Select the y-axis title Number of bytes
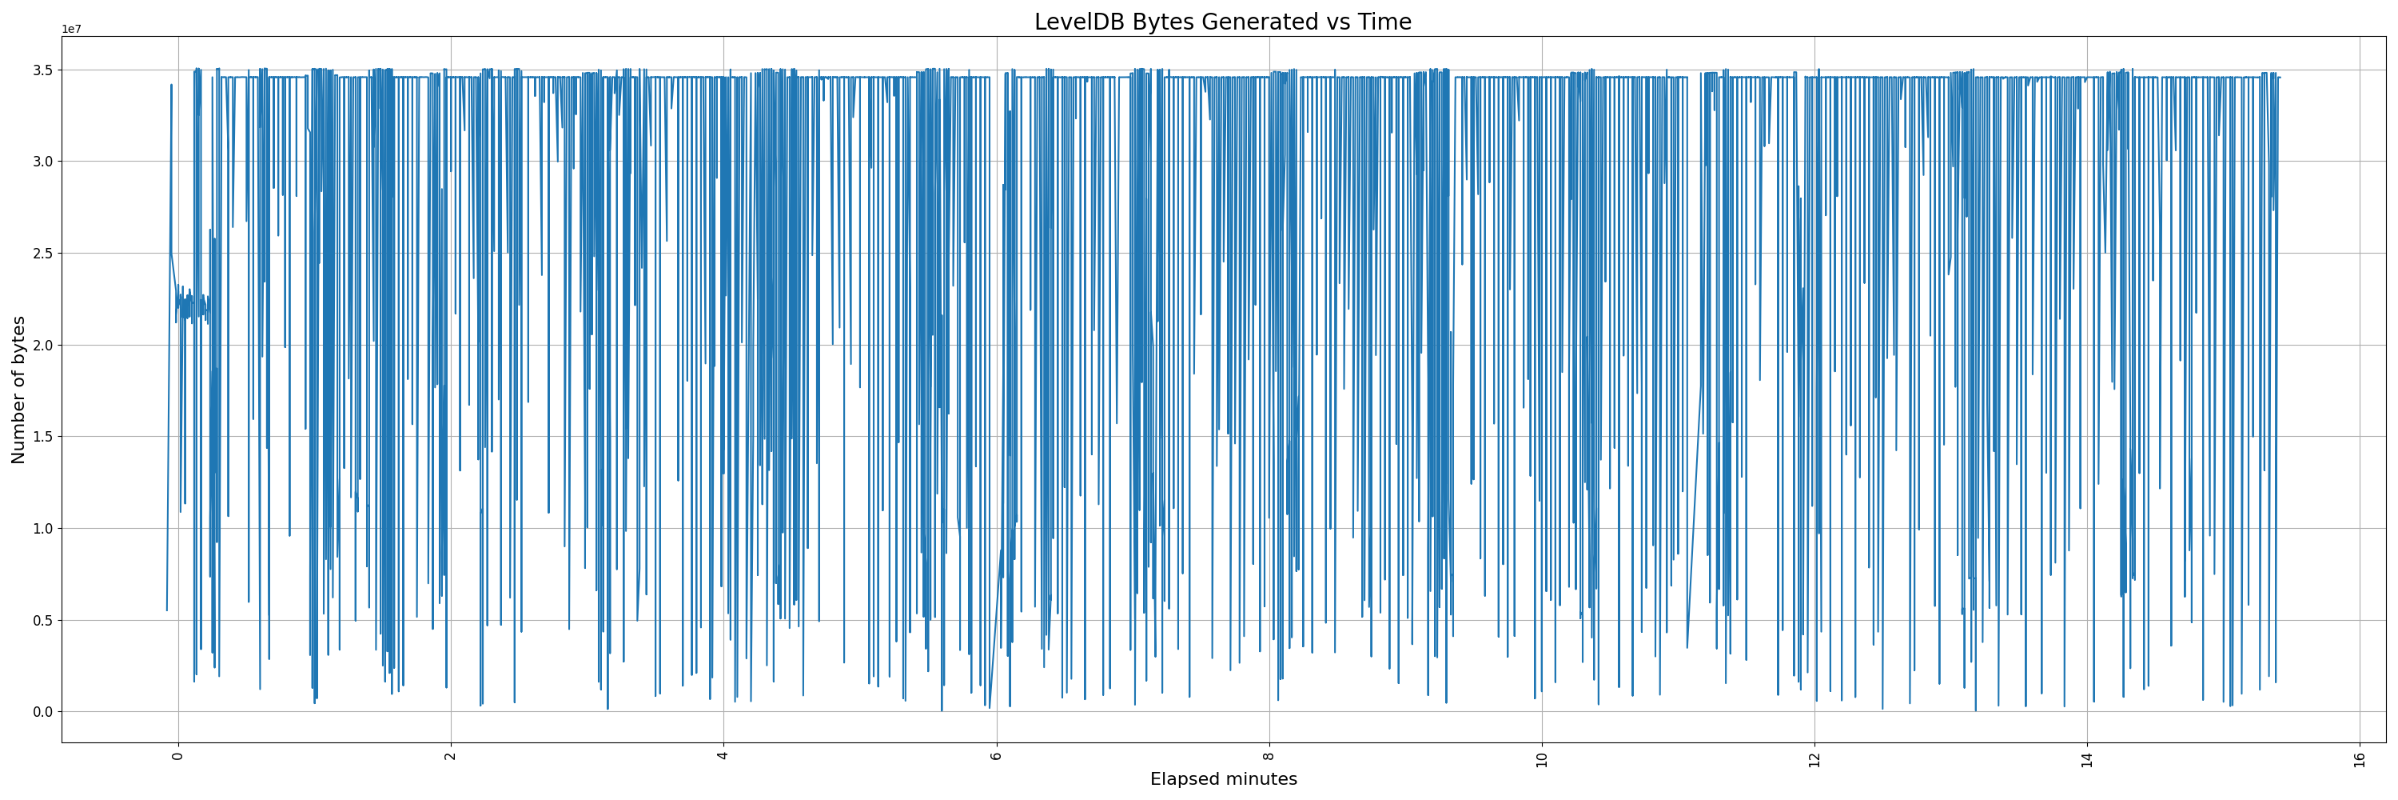[x=19, y=390]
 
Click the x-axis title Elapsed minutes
[x=1223, y=779]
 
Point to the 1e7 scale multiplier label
[x=72, y=30]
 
